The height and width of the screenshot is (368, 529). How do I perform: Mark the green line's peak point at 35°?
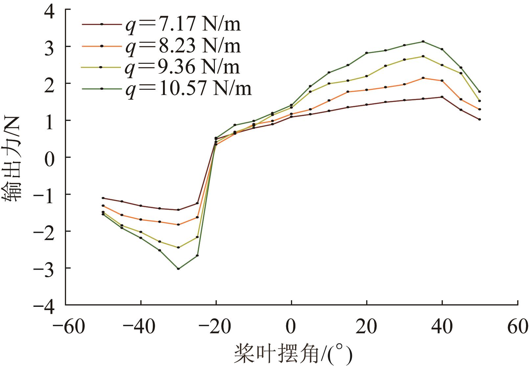(x=423, y=41)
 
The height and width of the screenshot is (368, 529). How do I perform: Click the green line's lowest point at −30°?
(x=178, y=269)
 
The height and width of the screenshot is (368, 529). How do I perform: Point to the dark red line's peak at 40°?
(x=442, y=97)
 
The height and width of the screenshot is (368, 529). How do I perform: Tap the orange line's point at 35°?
(x=423, y=78)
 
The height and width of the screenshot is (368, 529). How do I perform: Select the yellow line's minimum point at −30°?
(x=178, y=247)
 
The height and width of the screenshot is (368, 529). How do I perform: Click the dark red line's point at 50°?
(x=479, y=119)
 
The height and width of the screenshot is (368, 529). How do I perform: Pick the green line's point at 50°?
(x=479, y=91)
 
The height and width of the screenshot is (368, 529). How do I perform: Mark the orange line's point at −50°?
(x=103, y=206)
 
